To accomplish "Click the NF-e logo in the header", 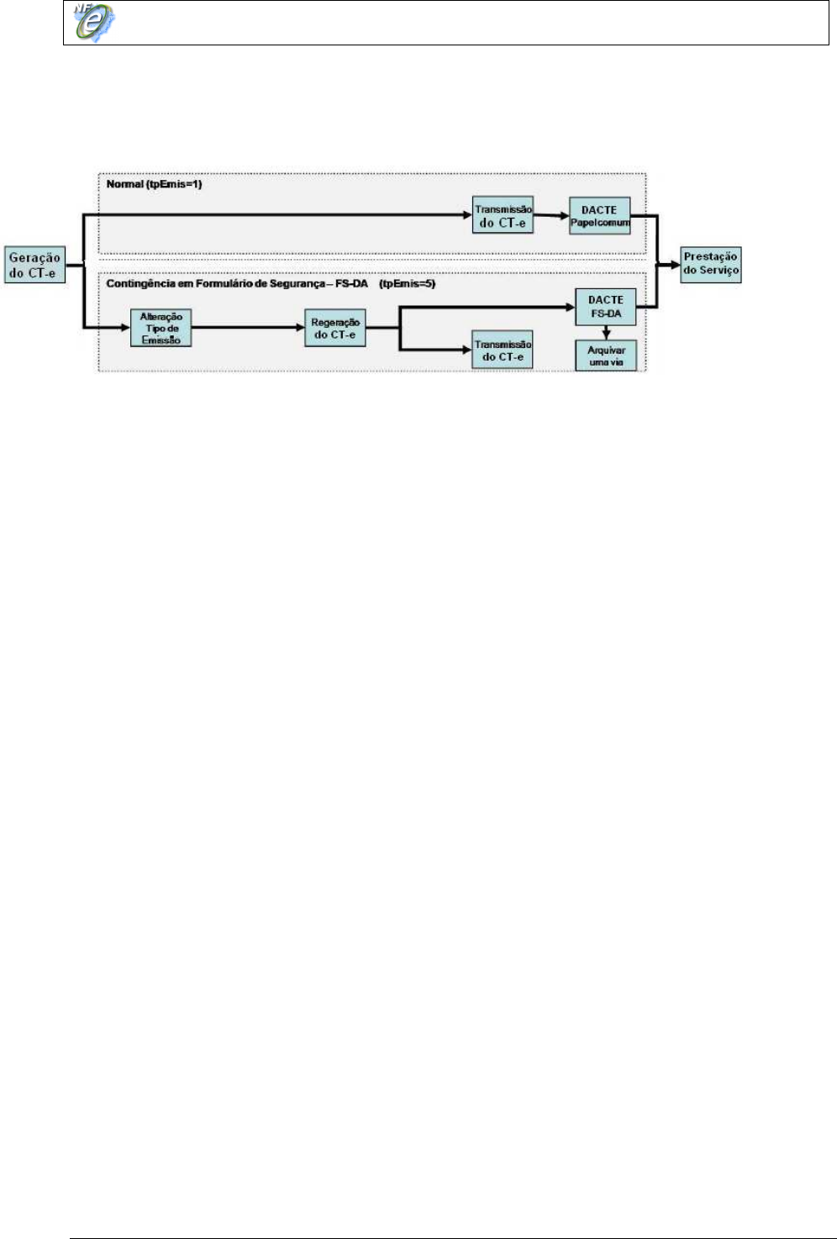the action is (x=93, y=23).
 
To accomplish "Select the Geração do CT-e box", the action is (x=35, y=265).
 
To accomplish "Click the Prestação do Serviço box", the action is (x=711, y=264).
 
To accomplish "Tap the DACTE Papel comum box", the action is (x=599, y=216).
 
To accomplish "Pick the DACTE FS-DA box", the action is (x=605, y=307).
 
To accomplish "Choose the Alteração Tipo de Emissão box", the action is (x=161, y=328).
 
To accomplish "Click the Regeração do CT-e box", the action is (x=334, y=328).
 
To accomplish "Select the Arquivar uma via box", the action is (x=606, y=356).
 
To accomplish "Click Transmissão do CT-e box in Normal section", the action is (x=503, y=216).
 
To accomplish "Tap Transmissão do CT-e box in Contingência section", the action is (x=503, y=351).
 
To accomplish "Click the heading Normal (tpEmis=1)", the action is (x=154, y=184).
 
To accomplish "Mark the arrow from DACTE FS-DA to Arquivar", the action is (x=606, y=333).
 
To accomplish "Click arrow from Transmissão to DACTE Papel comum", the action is (x=551, y=215).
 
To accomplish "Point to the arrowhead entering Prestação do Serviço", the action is (x=674, y=264).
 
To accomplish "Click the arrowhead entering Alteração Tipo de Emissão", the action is (x=125, y=327).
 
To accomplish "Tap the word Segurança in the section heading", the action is (x=292, y=284).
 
